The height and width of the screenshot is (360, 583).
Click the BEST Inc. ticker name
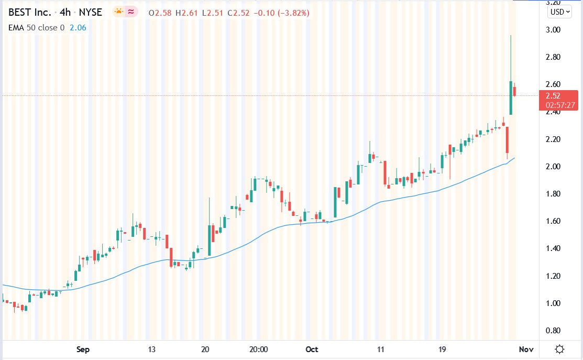coord(27,12)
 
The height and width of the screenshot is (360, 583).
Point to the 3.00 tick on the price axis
coord(553,30)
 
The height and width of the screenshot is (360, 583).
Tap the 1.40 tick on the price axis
coord(553,248)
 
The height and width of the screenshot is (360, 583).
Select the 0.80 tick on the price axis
coord(553,331)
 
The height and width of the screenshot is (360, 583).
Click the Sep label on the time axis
coord(83,349)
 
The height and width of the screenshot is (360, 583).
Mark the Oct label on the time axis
coord(312,349)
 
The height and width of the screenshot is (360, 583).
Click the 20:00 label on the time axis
coord(259,349)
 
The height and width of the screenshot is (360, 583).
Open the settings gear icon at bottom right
coord(560,349)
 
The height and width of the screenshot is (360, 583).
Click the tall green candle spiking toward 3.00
coord(510,97)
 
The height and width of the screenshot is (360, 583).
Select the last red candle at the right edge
coord(515,92)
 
